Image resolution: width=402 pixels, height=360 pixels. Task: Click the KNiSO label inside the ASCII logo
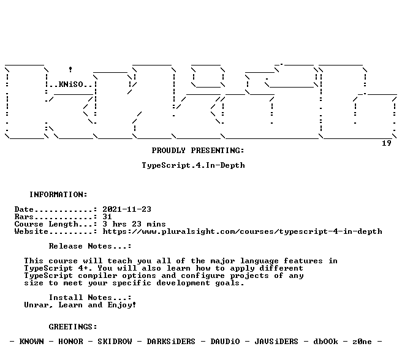[x=70, y=84]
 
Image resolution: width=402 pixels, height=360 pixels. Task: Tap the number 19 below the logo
[x=386, y=143]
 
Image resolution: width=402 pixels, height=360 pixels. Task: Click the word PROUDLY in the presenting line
[x=169, y=151]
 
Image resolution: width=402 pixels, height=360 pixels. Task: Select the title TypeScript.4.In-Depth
[x=193, y=165]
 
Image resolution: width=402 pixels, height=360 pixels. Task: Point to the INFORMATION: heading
[x=58, y=195]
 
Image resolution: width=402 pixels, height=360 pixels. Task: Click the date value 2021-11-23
[x=127, y=209]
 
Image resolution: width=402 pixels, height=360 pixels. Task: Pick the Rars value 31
[x=107, y=217]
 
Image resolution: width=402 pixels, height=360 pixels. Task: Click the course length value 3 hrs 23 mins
[x=134, y=224]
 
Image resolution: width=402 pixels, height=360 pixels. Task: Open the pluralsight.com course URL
[x=242, y=231]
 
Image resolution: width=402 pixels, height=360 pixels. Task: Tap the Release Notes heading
[x=90, y=246]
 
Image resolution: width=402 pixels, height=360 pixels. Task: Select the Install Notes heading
[x=90, y=298]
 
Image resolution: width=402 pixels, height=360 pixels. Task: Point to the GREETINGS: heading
[x=73, y=327]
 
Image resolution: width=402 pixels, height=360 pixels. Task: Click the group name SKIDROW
[x=115, y=342]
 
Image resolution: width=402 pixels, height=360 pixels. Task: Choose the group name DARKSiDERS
[x=171, y=342]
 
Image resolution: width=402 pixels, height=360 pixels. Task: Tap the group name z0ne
[x=362, y=342]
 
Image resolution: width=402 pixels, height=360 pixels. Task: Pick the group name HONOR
[x=70, y=342]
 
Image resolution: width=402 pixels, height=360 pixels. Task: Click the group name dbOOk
[x=325, y=342]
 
